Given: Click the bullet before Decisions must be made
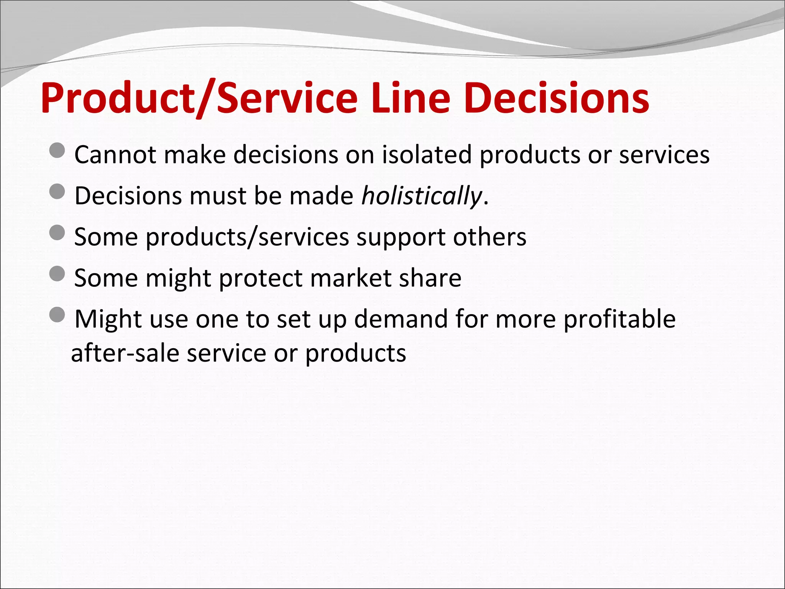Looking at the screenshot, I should [57, 191].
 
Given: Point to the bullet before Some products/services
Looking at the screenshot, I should [57, 232].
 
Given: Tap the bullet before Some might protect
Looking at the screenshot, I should [57, 273].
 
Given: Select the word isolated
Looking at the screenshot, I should [427, 155].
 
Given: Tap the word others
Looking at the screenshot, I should [489, 237].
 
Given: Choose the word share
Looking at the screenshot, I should [430, 278].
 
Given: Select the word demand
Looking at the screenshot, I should [401, 319].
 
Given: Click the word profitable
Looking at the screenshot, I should [619, 319].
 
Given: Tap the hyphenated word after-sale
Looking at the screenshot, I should [125, 353].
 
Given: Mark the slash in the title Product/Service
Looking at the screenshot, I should [205, 99].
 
